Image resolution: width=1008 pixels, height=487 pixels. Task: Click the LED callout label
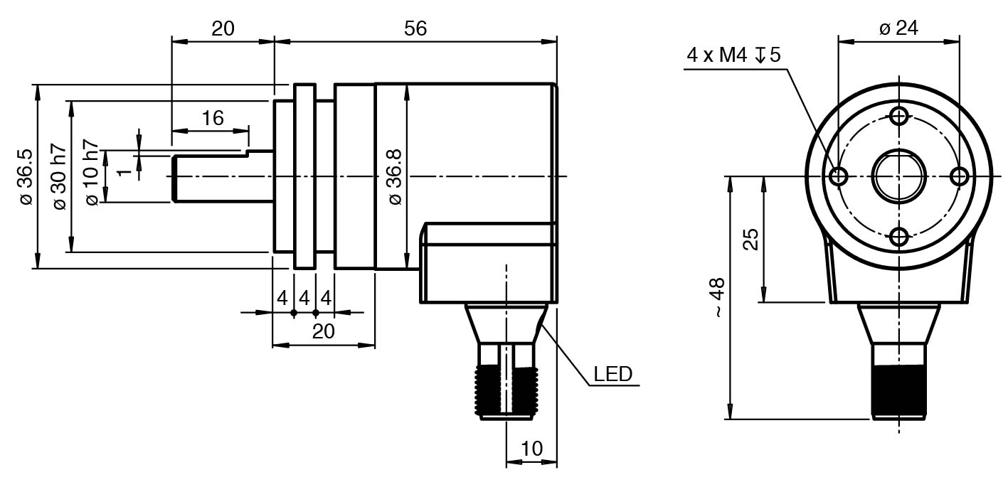(x=612, y=375)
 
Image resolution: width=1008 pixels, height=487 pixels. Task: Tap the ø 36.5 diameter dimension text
(x=26, y=176)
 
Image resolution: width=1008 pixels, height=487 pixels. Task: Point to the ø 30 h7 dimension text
(x=59, y=176)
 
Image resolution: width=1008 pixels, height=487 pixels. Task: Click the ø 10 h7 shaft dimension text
(x=92, y=176)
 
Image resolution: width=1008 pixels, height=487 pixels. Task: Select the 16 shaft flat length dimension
(x=212, y=118)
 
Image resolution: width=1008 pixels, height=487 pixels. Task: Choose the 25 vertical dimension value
(x=750, y=240)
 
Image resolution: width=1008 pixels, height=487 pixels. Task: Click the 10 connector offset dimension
(x=531, y=449)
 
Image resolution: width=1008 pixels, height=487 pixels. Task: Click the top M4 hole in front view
(x=899, y=115)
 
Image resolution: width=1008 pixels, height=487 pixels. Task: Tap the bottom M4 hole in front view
(x=899, y=237)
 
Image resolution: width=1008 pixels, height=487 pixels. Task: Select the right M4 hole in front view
(x=960, y=176)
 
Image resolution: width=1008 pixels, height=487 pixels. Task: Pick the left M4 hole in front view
(x=839, y=176)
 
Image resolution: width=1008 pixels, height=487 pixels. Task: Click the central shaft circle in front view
(x=899, y=176)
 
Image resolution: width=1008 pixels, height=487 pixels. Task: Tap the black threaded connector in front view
(x=899, y=388)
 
